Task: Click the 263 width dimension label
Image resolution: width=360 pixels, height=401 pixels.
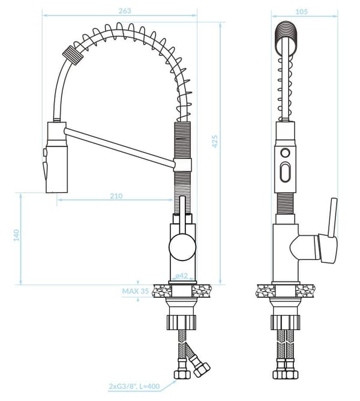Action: click(125, 11)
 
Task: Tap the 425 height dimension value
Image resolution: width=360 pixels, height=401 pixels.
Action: click(215, 141)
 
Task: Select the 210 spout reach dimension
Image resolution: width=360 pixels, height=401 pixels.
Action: click(116, 196)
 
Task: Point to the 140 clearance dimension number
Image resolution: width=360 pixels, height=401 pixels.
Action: click(16, 235)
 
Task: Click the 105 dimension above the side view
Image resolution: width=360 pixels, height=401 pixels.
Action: click(301, 11)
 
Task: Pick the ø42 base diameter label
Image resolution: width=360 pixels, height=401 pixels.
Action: click(181, 276)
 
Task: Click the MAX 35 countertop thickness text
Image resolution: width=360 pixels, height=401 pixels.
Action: click(135, 291)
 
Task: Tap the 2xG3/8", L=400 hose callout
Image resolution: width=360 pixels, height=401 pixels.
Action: click(134, 386)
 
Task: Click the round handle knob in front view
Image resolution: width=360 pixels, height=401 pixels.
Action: click(182, 247)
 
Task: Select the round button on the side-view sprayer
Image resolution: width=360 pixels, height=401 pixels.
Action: click(285, 153)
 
